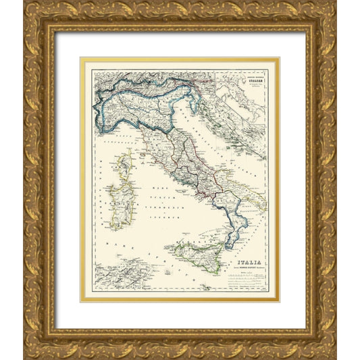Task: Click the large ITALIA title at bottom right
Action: pos(251,257)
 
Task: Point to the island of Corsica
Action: pos(124,165)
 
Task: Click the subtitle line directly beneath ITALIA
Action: pos(251,265)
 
